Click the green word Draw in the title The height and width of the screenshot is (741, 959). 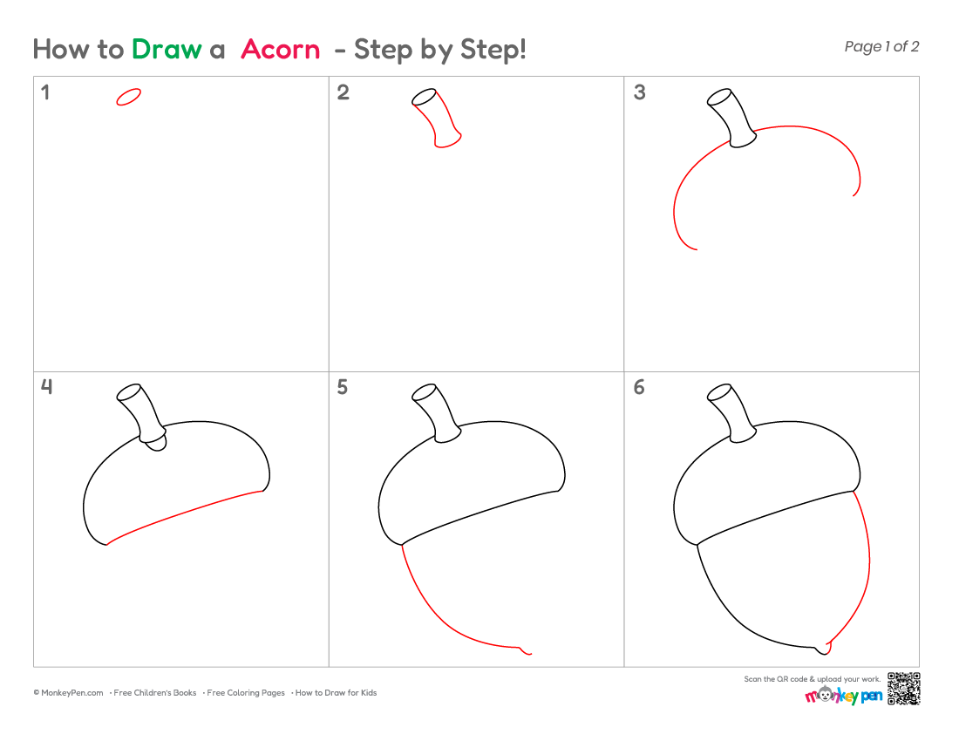tap(167, 50)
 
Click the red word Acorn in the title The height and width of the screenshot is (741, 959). tap(280, 50)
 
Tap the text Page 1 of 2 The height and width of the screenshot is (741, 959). tap(881, 47)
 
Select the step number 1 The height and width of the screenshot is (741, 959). tap(44, 92)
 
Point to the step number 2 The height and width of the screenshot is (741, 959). tap(343, 92)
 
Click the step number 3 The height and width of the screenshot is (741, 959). tap(639, 92)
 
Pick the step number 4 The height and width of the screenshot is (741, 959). tap(46, 386)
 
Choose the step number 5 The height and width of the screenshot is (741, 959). tap(342, 387)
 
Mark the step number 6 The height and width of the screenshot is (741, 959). tap(639, 387)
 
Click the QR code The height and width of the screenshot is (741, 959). tap(904, 689)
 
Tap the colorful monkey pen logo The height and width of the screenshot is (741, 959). tap(843, 695)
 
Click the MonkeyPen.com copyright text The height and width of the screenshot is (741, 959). tap(69, 693)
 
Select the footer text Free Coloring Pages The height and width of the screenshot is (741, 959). tap(246, 693)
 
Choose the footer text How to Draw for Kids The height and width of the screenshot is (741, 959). tap(336, 693)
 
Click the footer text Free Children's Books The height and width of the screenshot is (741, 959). tap(154, 693)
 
